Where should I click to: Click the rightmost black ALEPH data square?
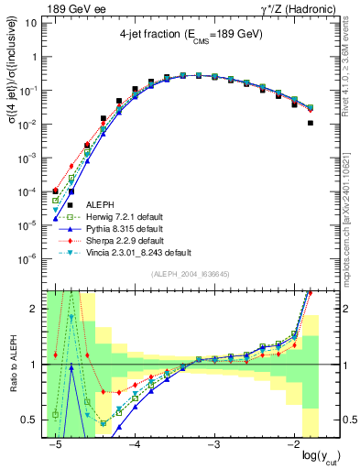coord(311,122)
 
